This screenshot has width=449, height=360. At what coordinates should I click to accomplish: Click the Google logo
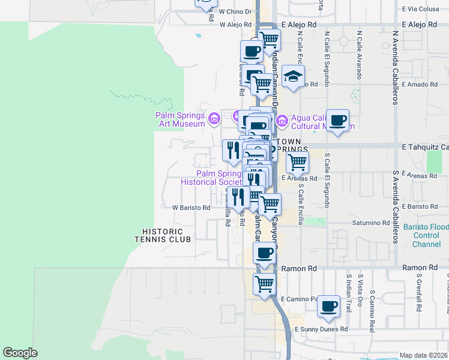tap(20, 353)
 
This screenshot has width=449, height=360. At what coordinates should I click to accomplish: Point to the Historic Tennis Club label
tap(166, 235)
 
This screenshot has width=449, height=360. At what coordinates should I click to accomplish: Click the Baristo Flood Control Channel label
tap(426, 236)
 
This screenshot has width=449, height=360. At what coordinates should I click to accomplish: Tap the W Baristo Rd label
tap(191, 208)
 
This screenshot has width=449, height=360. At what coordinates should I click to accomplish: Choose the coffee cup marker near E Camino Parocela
tap(328, 306)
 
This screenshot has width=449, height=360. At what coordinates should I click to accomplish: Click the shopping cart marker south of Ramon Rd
tap(264, 284)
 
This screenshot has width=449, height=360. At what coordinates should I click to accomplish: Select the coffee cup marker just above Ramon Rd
tap(264, 253)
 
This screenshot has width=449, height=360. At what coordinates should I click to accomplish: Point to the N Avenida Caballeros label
tap(395, 68)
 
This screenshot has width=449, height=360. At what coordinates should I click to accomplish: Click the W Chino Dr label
tap(235, 11)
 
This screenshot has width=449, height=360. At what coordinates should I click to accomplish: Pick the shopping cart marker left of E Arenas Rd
tap(298, 162)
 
